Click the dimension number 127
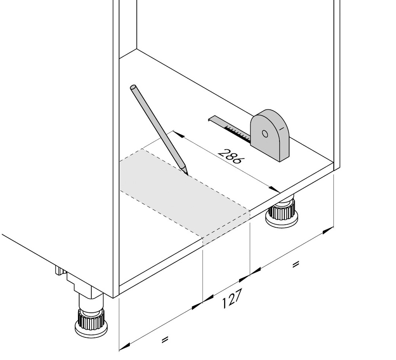(x=232, y=299)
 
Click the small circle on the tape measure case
(x=265, y=133)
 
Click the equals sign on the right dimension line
(x=295, y=265)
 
